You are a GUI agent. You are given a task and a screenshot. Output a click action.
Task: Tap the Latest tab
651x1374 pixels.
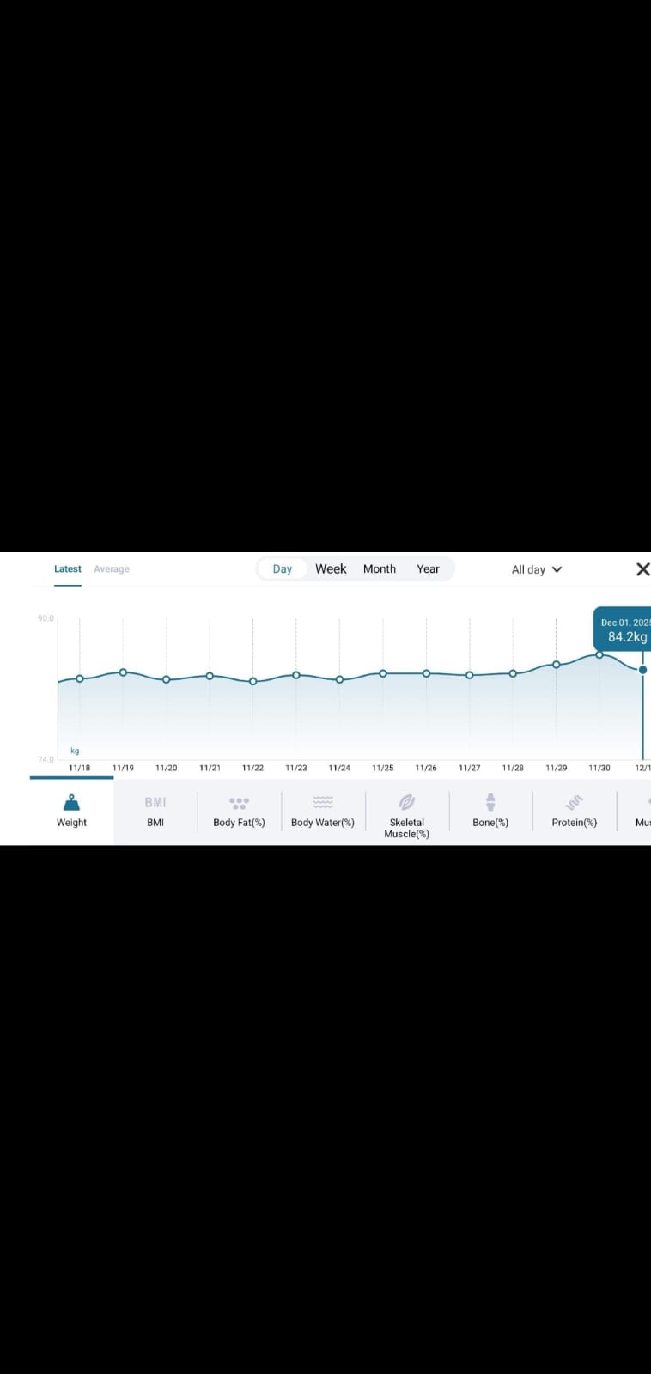68,568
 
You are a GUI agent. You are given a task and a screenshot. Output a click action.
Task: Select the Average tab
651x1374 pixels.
112,568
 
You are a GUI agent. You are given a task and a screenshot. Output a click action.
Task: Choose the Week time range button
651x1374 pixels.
331,568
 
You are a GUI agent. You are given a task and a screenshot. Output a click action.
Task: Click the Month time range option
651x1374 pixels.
380,568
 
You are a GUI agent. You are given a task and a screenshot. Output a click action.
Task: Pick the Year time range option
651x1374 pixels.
428,568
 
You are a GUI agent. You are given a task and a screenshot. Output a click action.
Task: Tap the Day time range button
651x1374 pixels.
283,568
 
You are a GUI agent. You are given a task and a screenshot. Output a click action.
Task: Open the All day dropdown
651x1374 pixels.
536,569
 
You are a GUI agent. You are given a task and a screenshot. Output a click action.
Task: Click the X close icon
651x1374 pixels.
642,568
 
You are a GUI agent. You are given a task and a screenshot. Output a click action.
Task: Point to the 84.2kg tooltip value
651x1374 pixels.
627,637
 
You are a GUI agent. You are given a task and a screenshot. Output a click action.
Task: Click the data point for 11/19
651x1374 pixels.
123,672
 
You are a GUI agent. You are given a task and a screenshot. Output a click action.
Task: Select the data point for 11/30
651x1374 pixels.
599,654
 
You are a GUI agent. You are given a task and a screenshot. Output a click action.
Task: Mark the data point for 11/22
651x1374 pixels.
252,681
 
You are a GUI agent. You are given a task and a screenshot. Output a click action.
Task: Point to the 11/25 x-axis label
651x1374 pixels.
382,768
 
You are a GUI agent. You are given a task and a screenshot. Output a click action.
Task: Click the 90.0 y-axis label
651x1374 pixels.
46,618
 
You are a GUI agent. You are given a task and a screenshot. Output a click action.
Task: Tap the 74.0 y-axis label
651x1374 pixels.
46,759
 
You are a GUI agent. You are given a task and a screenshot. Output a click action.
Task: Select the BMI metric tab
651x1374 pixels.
155,811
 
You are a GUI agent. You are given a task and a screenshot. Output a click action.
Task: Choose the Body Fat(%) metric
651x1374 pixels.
239,811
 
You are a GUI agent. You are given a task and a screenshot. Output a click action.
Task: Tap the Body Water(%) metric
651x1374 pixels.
323,811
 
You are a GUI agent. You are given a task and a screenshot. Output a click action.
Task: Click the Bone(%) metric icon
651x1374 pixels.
490,802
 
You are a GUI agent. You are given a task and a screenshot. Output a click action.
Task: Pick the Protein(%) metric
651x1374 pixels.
574,811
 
